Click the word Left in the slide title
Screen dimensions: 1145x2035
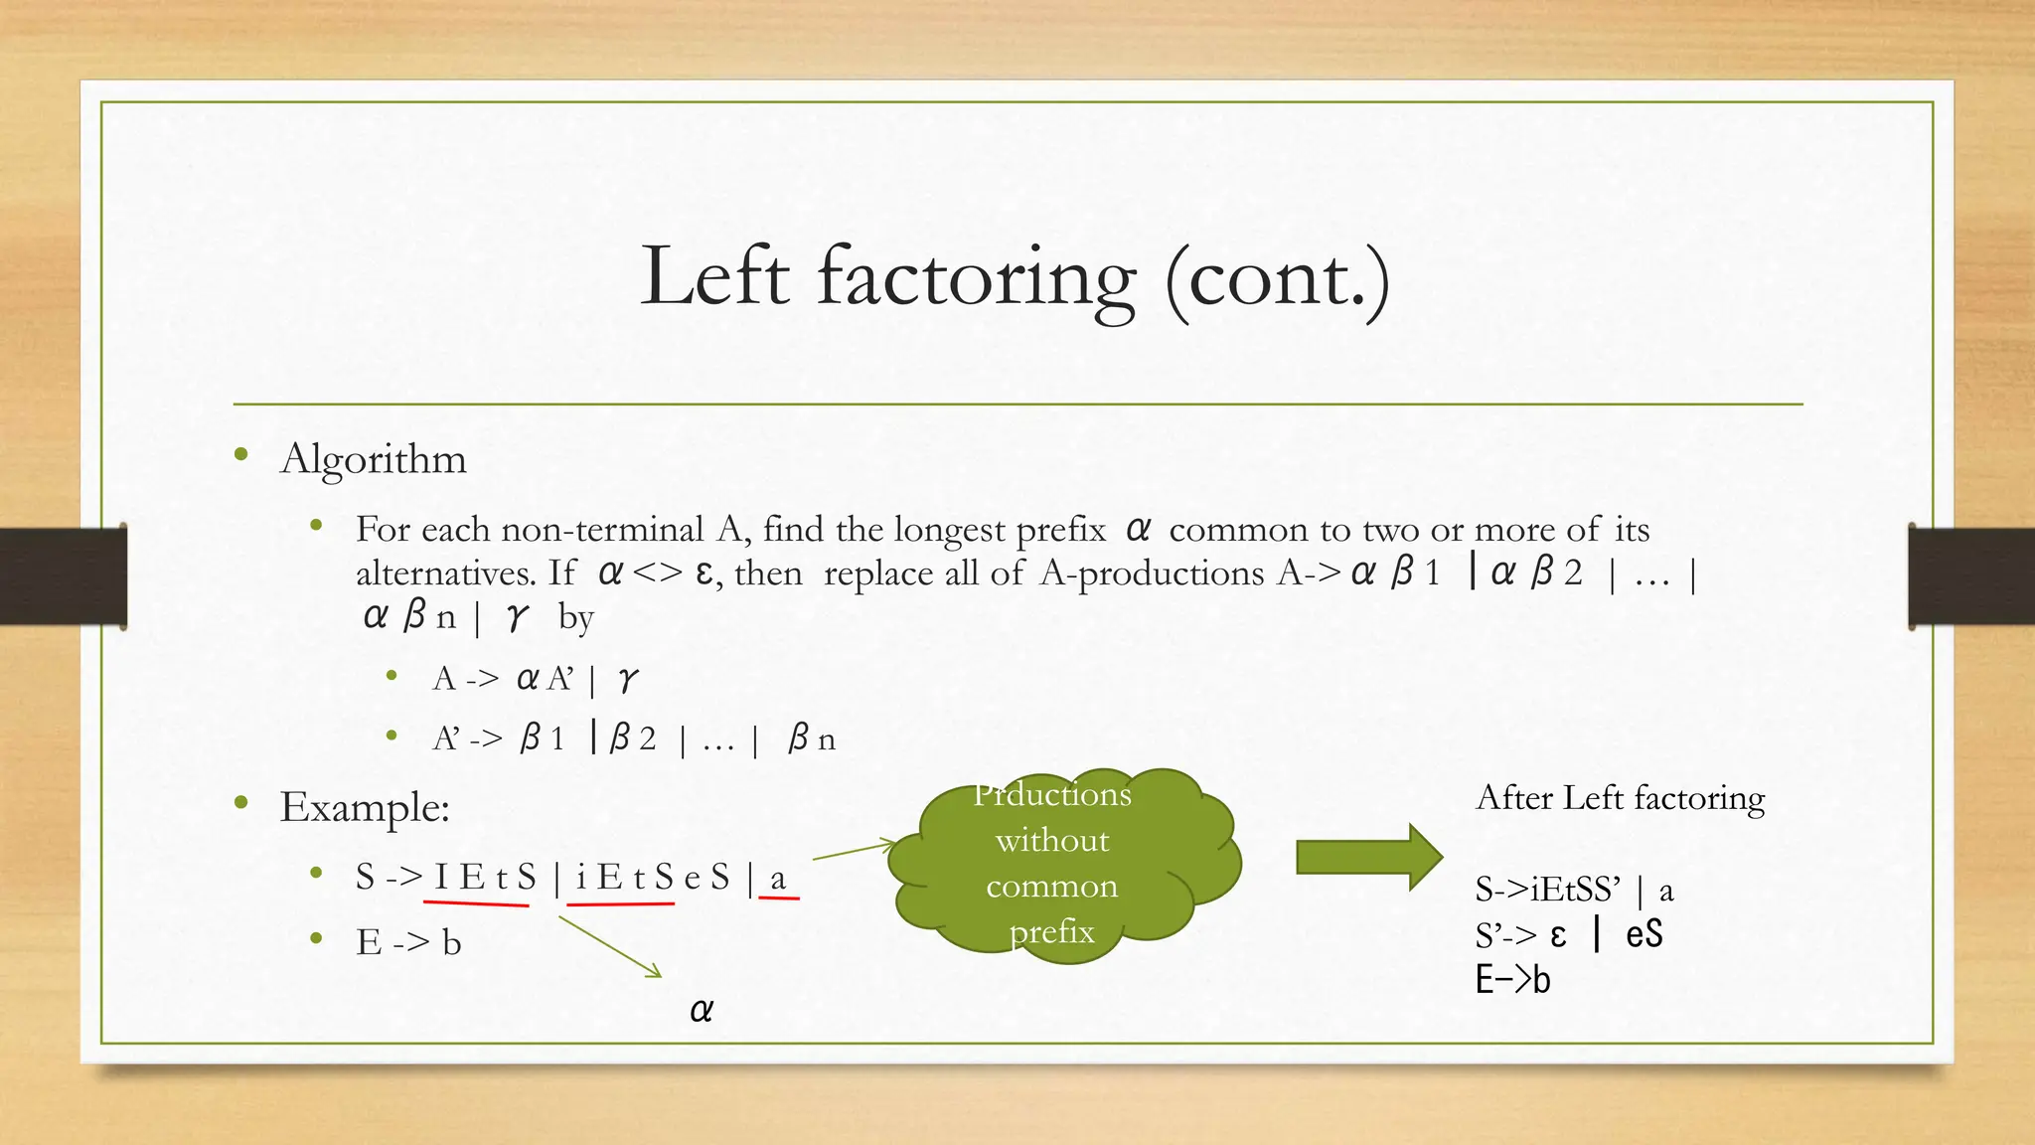(714, 276)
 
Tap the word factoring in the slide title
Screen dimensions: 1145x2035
(976, 278)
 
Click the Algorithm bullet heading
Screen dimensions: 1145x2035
(373, 459)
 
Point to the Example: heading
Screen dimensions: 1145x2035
(365, 807)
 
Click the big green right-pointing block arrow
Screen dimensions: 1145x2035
(1368, 856)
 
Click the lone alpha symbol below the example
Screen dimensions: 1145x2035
(701, 1011)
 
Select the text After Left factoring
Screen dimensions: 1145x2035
(1620, 798)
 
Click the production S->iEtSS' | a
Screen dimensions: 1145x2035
(1574, 890)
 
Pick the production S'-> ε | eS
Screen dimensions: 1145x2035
(1568, 935)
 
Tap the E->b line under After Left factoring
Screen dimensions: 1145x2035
(1512, 981)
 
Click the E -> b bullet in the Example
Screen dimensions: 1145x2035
(408, 942)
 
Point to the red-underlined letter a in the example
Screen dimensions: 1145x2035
(778, 879)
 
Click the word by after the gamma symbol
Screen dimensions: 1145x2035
(575, 617)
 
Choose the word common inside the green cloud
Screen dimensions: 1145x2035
(1051, 886)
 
